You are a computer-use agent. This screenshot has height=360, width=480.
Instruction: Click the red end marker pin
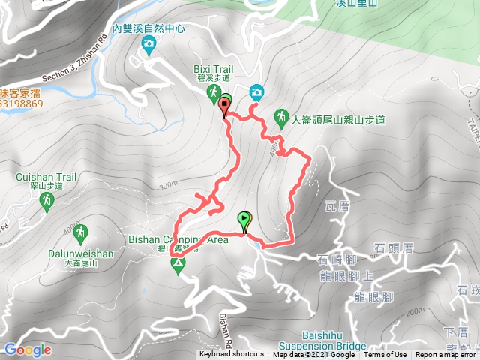coord(224,108)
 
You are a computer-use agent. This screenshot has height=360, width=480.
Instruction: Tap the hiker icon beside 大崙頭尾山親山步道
coord(280,117)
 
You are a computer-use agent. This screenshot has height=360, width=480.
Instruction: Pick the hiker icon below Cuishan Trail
coord(47,200)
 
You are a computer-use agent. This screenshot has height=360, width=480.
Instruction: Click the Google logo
coord(27,349)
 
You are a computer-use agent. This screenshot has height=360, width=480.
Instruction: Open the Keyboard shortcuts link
coord(231,355)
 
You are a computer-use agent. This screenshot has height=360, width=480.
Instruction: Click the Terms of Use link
coord(385,355)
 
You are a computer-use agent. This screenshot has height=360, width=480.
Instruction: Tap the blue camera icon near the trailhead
coord(256,91)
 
